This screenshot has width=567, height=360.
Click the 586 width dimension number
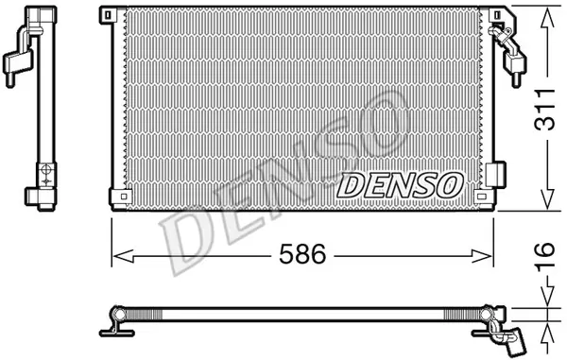302,254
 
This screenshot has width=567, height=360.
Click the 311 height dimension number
544,109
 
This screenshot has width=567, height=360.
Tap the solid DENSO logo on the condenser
401,185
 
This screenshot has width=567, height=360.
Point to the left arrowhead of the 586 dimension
124,256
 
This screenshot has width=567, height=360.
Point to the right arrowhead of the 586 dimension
482,256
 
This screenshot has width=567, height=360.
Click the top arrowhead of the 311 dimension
547,18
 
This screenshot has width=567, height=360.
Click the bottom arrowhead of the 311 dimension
547,198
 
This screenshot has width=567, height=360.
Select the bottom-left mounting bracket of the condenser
120,197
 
